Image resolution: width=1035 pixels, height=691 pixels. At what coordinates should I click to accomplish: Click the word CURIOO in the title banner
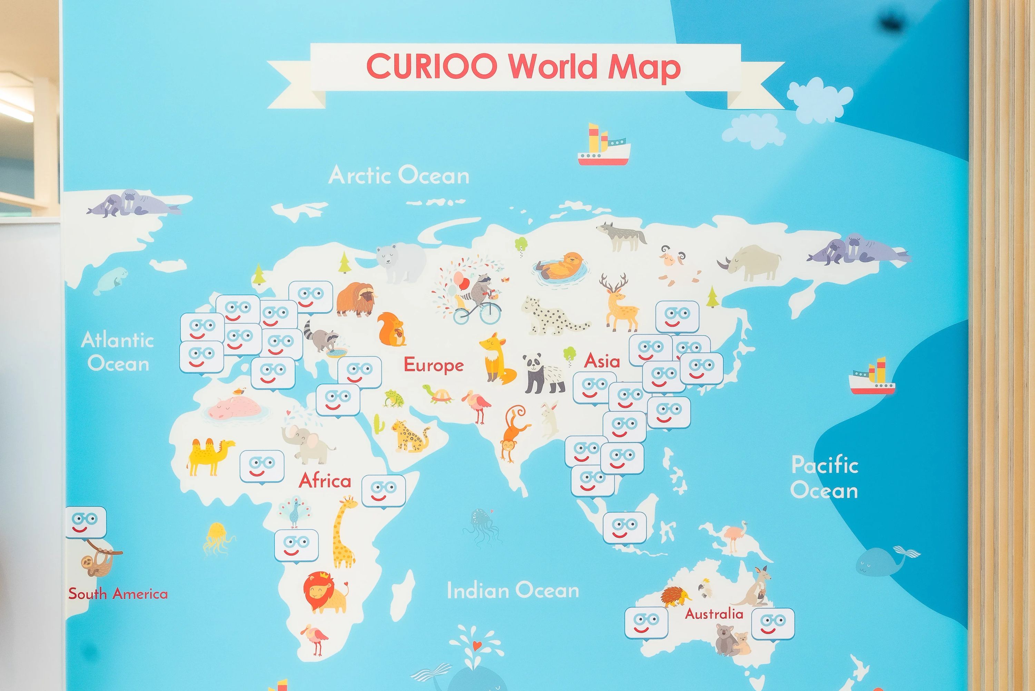point(432,67)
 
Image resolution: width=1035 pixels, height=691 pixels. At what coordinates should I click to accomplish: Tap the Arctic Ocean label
point(399,175)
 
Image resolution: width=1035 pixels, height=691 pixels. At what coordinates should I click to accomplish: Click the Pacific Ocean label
point(825,478)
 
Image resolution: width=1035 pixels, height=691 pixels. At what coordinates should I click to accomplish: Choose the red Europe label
point(434,365)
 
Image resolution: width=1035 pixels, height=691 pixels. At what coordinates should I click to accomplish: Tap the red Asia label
point(602,361)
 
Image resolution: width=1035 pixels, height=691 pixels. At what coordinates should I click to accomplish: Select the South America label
point(118,594)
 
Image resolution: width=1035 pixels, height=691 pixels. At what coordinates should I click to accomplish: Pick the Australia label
point(714,614)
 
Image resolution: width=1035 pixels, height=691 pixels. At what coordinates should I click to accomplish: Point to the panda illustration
point(543,374)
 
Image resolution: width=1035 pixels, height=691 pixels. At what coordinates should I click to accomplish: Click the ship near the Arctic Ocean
point(604,146)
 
